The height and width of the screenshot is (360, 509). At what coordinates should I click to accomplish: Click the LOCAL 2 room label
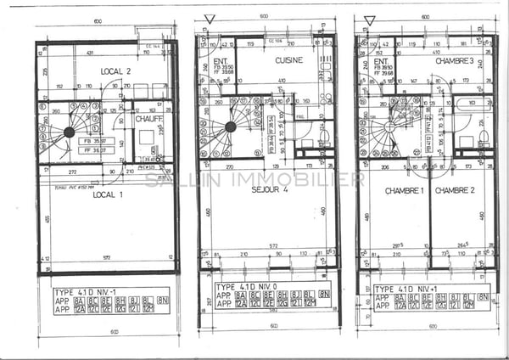tap(115, 70)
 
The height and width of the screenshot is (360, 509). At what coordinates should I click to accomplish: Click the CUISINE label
tap(289, 61)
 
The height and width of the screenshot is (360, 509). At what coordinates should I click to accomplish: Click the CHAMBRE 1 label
tap(404, 191)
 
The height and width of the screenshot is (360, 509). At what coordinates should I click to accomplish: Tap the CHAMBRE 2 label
tap(454, 191)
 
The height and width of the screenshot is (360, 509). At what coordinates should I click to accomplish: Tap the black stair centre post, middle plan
tap(230, 127)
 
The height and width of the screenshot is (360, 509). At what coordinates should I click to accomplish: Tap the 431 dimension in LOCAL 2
tap(91, 53)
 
